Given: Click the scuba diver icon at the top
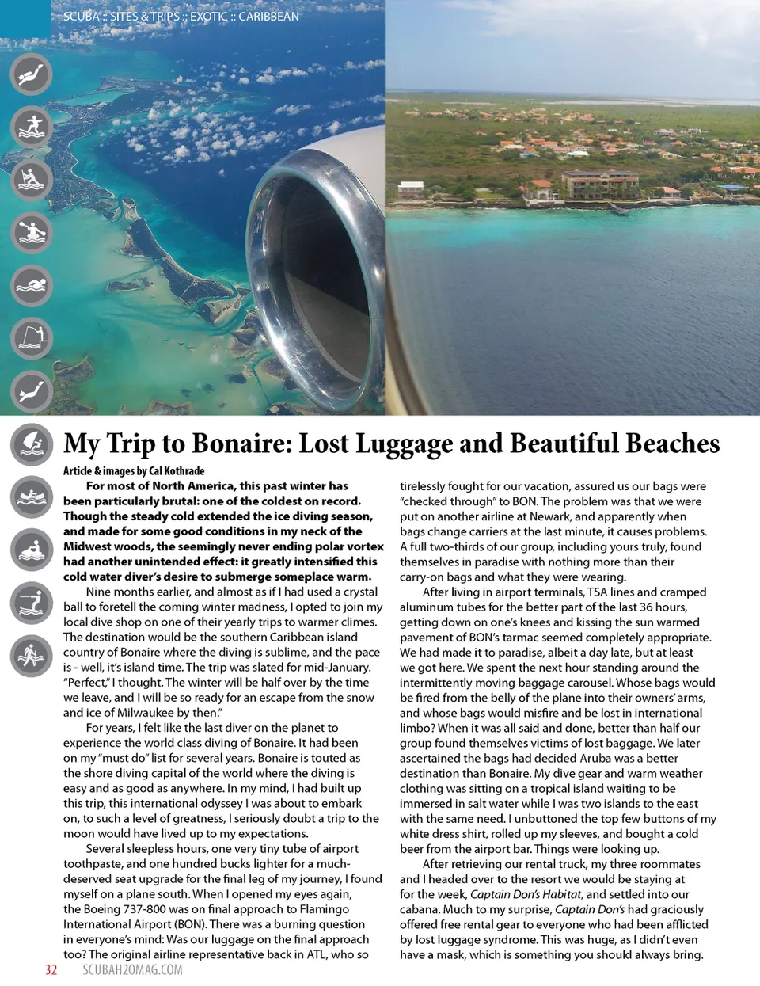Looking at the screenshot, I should (31, 74).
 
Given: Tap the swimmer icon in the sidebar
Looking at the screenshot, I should (31, 286).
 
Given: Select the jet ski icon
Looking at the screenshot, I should (31, 550).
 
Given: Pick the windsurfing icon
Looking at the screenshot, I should (31, 444).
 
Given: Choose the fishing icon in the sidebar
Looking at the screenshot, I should (31, 338).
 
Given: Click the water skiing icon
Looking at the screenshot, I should (31, 603).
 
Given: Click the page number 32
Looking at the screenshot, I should (51, 970).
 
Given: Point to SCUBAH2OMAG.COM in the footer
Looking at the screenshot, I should (132, 970).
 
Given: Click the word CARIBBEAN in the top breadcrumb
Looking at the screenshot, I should (269, 16).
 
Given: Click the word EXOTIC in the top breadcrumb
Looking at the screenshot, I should (208, 16).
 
